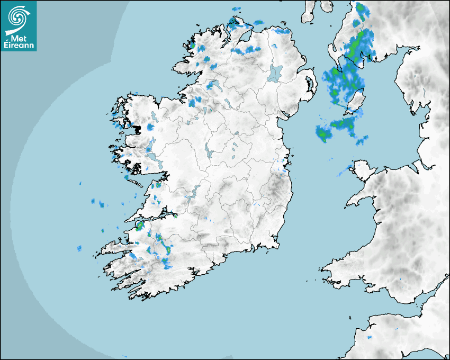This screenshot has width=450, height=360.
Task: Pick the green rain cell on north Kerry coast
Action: (140, 226)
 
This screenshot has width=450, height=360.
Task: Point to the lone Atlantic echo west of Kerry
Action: (79, 248)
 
